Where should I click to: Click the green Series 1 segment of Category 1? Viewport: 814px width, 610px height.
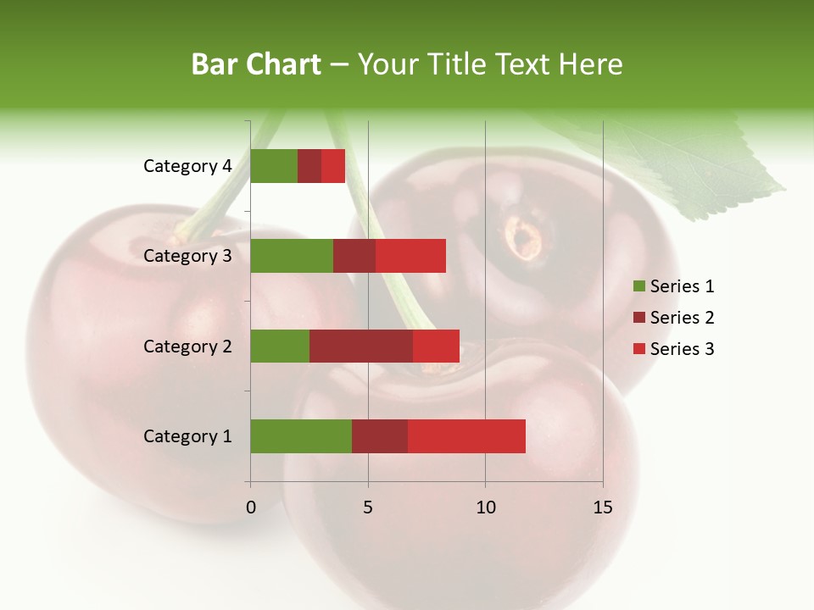301,436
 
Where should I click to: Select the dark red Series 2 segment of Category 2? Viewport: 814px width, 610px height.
361,346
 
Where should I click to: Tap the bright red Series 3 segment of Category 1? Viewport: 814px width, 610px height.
466,436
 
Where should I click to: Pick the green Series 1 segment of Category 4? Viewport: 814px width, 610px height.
274,166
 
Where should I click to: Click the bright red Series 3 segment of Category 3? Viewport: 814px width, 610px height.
410,256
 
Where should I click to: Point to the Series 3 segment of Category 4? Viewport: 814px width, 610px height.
333,166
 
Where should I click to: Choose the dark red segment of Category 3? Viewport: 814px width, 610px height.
354,256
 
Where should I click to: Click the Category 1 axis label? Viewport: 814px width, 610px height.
187,436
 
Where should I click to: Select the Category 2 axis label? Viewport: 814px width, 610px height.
187,346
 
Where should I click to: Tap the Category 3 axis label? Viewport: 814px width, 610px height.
187,256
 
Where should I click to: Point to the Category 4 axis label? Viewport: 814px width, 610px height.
187,166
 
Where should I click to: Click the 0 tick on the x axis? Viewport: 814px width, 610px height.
251,507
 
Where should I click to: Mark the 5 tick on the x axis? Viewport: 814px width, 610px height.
368,507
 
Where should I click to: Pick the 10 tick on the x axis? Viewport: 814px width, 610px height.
485,507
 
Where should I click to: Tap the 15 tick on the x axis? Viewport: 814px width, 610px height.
602,507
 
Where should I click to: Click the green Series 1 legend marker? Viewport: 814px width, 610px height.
639,286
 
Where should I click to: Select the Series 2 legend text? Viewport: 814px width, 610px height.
682,318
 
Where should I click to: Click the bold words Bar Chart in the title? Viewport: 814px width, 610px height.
256,64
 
